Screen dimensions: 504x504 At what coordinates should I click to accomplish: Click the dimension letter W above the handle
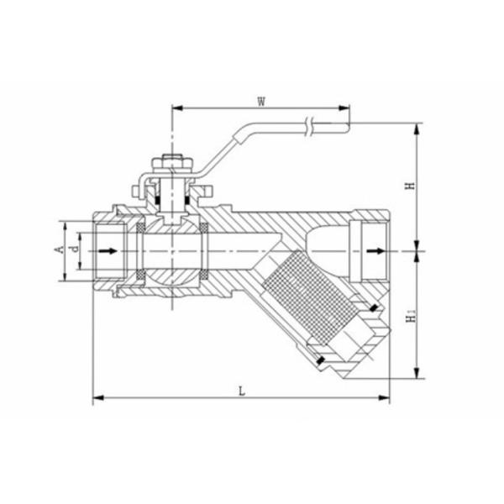(261, 102)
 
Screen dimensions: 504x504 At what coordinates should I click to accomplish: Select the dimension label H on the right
(409, 187)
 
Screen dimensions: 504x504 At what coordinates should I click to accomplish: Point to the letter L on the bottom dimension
(242, 391)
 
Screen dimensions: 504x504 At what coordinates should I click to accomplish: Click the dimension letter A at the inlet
(59, 249)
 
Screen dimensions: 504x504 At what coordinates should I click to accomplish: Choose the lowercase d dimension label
(75, 249)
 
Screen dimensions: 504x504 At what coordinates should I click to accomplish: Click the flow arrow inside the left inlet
(108, 250)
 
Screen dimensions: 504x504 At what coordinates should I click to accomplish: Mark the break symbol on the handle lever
(311, 126)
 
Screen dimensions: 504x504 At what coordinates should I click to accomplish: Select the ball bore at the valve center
(172, 250)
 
